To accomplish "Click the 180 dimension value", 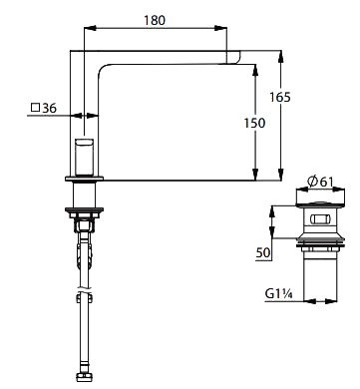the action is click(155, 20).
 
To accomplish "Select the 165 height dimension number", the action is click(279, 97).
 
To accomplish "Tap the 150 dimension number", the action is click(254, 123).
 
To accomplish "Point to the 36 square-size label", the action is click(50, 108).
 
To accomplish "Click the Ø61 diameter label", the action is click(320, 182).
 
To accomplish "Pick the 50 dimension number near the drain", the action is click(263, 252).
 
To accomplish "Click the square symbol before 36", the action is click(35, 108).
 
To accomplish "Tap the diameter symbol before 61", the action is click(313, 182).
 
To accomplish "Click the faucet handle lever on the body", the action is click(85, 157).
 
